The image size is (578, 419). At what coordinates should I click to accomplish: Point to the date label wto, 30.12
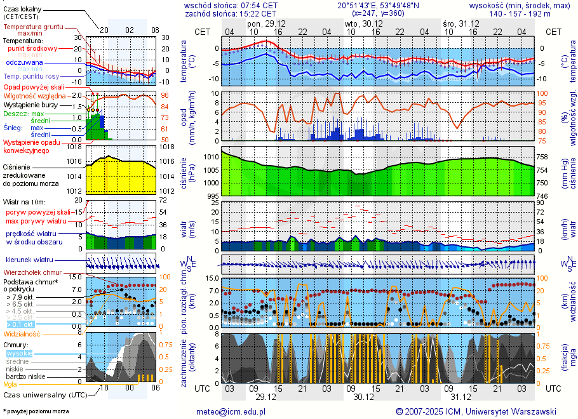360,23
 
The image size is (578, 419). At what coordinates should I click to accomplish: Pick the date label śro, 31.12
457,23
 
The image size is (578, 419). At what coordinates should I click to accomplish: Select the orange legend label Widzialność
22,333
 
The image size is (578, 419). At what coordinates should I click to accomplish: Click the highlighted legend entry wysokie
19,353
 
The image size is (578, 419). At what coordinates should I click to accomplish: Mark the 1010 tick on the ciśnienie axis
212,157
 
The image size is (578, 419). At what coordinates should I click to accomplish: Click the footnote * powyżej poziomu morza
36,411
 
